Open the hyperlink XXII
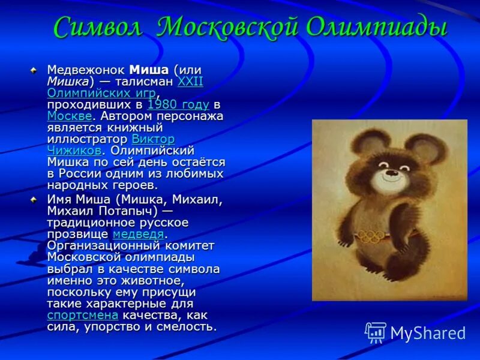pyautogui.click(x=190, y=82)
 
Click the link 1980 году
pyautogui.click(x=178, y=105)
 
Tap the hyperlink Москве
pyautogui.click(x=69, y=116)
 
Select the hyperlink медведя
pyautogui.click(x=138, y=234)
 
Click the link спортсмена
pyautogui.click(x=82, y=316)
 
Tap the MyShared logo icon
pyautogui.click(x=376, y=332)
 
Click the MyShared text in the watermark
pyautogui.click(x=428, y=333)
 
